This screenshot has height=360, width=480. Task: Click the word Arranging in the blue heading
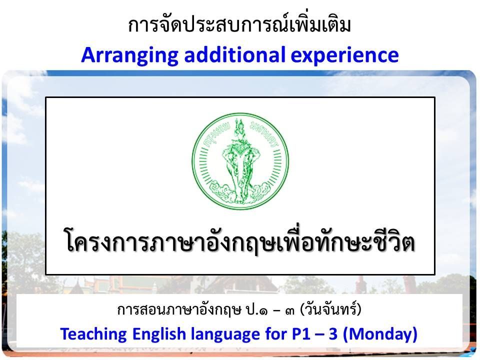(129, 55)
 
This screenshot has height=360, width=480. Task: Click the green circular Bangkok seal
(240, 161)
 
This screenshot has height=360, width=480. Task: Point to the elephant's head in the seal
(240, 162)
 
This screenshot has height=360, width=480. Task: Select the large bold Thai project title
(240, 242)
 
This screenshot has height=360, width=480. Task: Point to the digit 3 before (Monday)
(333, 333)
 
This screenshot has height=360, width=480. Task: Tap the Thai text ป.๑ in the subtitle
(256, 310)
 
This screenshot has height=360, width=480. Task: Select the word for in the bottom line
(276, 333)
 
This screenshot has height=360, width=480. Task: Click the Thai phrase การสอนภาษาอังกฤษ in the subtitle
(179, 310)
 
